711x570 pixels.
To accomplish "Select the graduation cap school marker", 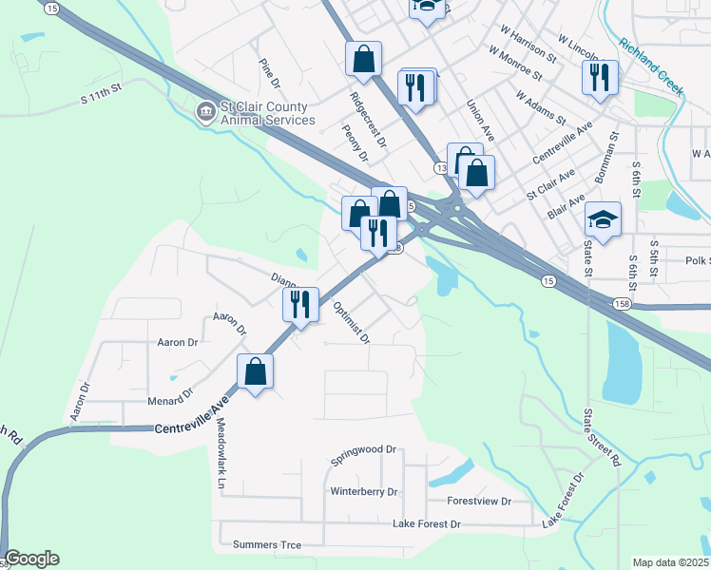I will coord(603,221).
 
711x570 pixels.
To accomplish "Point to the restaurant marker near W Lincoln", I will coord(600,79).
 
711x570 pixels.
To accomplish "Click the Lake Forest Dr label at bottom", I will coord(427,524).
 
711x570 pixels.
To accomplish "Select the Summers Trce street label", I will coord(267,545).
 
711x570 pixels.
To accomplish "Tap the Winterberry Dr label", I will coord(364,492).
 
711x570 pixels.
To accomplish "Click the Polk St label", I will coord(698,260).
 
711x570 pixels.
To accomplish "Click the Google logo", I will coord(31,559).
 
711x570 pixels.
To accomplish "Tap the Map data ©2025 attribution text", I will coord(670,562).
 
